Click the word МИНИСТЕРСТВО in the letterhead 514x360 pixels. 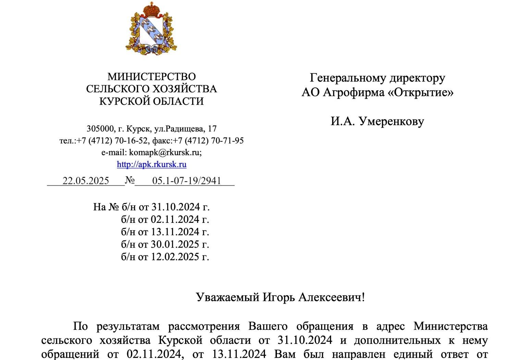click(151, 76)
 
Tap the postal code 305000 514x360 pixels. click(100, 129)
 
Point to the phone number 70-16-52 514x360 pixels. click(130, 141)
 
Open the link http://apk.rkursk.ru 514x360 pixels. click(151, 164)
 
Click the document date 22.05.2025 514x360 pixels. click(86, 181)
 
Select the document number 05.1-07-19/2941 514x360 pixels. click(186, 181)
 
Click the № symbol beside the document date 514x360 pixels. click(130, 180)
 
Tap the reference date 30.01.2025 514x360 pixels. click(175, 244)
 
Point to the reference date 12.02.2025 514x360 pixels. click(175, 257)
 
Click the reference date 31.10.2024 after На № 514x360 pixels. click(175, 207)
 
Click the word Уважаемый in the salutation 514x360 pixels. click(228, 297)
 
